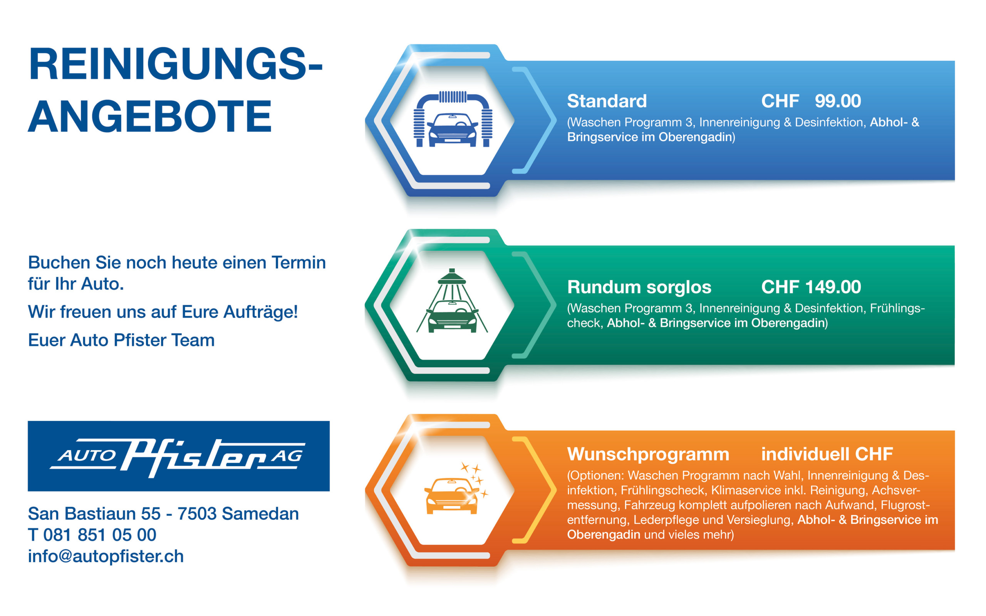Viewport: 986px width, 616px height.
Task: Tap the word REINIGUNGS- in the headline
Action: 175,64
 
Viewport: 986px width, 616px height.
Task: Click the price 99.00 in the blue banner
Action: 838,101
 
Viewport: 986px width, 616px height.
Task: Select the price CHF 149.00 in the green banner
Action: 811,287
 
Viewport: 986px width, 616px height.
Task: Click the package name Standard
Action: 607,101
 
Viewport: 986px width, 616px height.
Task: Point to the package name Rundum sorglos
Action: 639,287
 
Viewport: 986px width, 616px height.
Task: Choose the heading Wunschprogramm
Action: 648,455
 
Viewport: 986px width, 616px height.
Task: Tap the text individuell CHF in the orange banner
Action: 827,454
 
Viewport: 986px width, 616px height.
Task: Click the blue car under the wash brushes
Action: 452,130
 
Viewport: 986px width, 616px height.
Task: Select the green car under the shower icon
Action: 452,316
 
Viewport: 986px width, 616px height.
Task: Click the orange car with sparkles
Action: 451,496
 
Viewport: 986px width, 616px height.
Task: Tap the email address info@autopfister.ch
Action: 106,556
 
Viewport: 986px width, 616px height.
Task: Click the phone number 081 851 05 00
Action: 99,535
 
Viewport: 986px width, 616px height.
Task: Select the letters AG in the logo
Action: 287,455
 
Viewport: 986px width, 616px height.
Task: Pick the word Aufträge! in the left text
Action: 260,313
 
